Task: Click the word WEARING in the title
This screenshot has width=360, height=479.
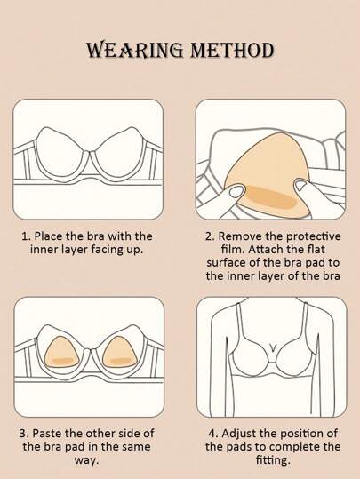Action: click(x=135, y=50)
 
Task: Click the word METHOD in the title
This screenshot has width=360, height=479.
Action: click(x=232, y=50)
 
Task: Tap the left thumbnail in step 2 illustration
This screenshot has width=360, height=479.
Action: click(x=236, y=192)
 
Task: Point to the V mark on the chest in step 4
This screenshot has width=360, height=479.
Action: click(x=273, y=347)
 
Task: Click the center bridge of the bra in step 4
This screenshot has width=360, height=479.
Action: click(x=272, y=363)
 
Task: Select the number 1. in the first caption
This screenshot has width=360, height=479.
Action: click(x=27, y=236)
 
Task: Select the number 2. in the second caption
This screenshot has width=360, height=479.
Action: click(x=211, y=236)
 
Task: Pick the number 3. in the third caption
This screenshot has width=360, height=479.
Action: click(x=25, y=433)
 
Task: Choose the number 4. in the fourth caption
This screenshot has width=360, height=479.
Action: click(x=213, y=433)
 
